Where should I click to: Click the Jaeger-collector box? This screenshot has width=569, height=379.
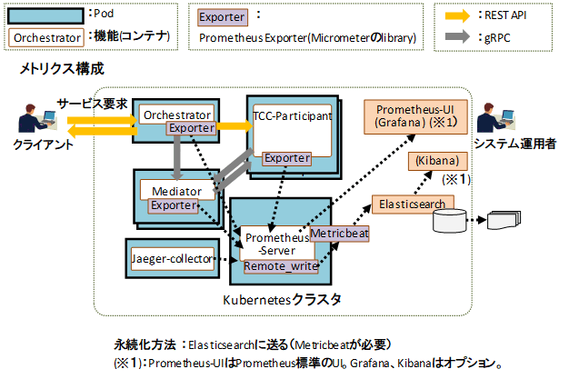pyautogui.click(x=173, y=258)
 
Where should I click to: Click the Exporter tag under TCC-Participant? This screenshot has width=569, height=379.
pyautogui.click(x=288, y=158)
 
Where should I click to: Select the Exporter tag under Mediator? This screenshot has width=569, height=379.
pyautogui.click(x=175, y=205)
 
